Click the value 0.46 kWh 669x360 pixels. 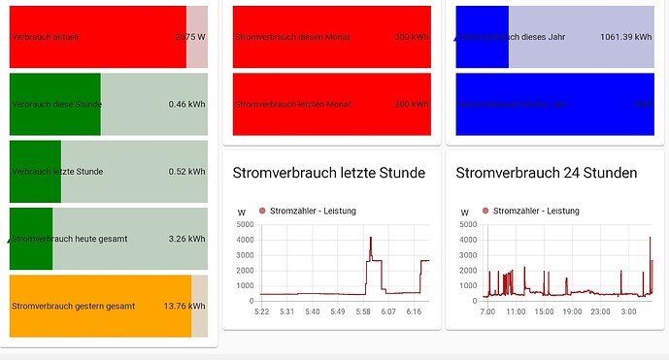click(186, 104)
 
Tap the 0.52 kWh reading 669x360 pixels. click(186, 172)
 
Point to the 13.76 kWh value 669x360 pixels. click(185, 306)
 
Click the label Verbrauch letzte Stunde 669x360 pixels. click(57, 172)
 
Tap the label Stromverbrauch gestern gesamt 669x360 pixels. click(74, 306)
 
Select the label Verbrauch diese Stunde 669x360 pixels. click(56, 104)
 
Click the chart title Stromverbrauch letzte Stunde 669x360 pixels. click(328, 173)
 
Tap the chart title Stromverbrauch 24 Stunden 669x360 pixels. click(547, 173)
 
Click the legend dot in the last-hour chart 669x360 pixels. click(262, 211)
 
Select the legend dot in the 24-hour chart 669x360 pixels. click(485, 211)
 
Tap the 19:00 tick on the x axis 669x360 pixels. click(572, 311)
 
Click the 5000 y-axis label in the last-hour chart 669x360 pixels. click(244, 225)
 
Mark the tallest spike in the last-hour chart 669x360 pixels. click(370, 237)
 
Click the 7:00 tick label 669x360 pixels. click(487, 311)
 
